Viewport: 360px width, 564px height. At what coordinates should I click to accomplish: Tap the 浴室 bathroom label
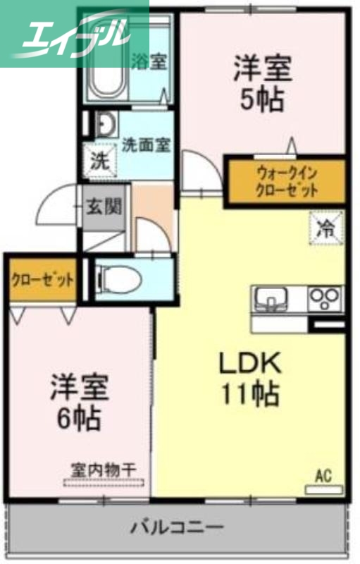point(149,61)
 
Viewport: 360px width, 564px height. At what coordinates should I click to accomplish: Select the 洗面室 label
point(146,146)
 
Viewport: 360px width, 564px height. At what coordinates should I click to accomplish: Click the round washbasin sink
point(106,125)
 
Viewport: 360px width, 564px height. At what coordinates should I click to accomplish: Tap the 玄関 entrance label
point(104,207)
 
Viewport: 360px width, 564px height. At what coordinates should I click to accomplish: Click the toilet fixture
point(120,279)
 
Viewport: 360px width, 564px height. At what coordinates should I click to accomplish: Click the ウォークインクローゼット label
point(286,181)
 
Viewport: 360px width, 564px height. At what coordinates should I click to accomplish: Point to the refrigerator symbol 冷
point(325,228)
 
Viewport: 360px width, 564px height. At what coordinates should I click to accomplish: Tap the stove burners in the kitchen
point(326,297)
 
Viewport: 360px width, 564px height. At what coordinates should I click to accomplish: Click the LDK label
point(249,364)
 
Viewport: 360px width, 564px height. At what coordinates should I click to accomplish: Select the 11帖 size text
point(249,394)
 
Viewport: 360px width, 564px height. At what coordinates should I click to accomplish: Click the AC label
point(323,476)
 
